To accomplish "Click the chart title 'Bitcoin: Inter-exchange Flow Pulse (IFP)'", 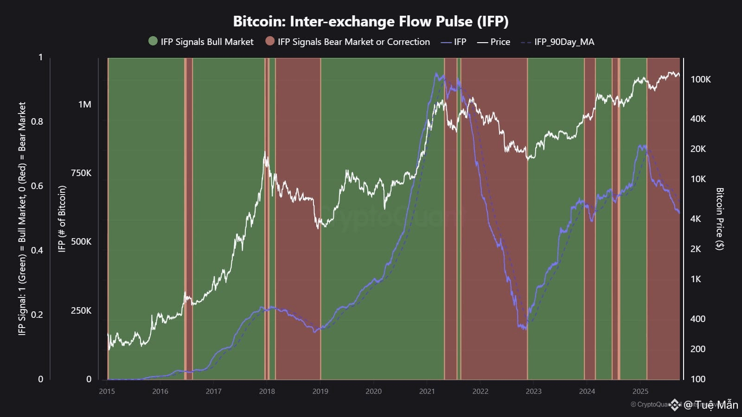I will point(371,21).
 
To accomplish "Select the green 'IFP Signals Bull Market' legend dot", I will point(153,41).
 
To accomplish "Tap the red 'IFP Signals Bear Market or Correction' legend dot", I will point(270,41).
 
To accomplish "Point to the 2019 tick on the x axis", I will point(320,391).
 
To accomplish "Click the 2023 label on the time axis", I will point(533,391).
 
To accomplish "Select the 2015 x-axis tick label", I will point(107,391).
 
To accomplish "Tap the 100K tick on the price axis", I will point(700,79).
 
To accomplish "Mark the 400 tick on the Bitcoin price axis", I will point(697,319).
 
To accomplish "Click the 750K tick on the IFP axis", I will point(81,173).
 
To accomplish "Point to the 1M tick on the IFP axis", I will point(84,104).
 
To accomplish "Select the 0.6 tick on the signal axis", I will point(37,186).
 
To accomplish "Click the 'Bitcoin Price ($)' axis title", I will point(720,219).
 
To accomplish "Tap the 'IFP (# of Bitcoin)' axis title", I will point(62,219).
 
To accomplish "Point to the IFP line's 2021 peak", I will point(436,73).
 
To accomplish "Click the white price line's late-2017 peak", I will point(265,152).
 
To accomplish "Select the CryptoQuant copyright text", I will point(649,404).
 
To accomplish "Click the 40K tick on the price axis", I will point(698,119).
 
